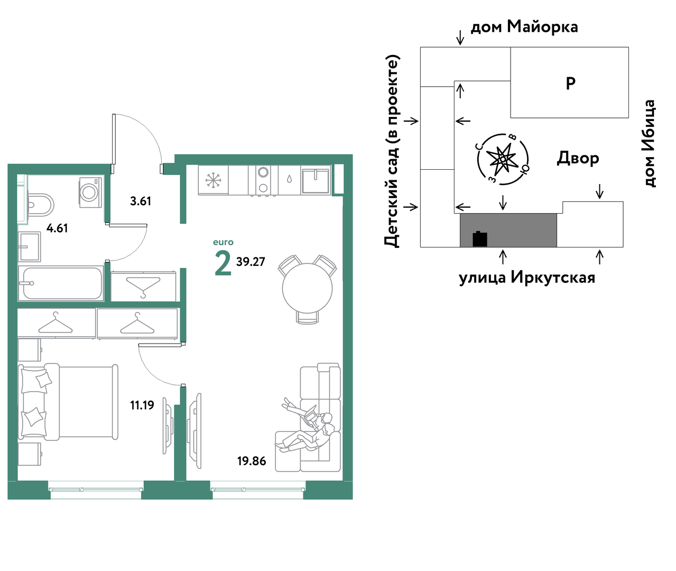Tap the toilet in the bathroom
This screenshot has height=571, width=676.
point(41,205)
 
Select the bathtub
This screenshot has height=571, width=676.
point(61,283)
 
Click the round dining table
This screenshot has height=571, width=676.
point(307,288)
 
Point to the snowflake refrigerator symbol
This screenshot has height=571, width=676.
point(213,180)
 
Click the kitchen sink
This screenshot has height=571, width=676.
point(316,180)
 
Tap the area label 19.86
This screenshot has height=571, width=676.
point(252,461)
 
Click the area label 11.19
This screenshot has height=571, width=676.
point(142,405)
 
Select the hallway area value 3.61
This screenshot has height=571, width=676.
point(141,201)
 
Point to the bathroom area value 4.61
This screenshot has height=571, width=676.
point(57,228)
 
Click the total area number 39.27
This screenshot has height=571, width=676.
point(251,262)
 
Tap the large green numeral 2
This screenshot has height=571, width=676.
point(223,264)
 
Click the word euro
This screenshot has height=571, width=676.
point(223,242)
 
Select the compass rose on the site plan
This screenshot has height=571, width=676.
point(503,159)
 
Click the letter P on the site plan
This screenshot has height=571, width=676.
point(570,83)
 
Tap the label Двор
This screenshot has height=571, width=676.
point(578,159)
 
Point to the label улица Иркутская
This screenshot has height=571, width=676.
point(527,278)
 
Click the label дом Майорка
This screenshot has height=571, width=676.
point(524,26)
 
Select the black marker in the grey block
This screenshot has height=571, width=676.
point(480,239)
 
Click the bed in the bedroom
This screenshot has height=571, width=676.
point(68,402)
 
